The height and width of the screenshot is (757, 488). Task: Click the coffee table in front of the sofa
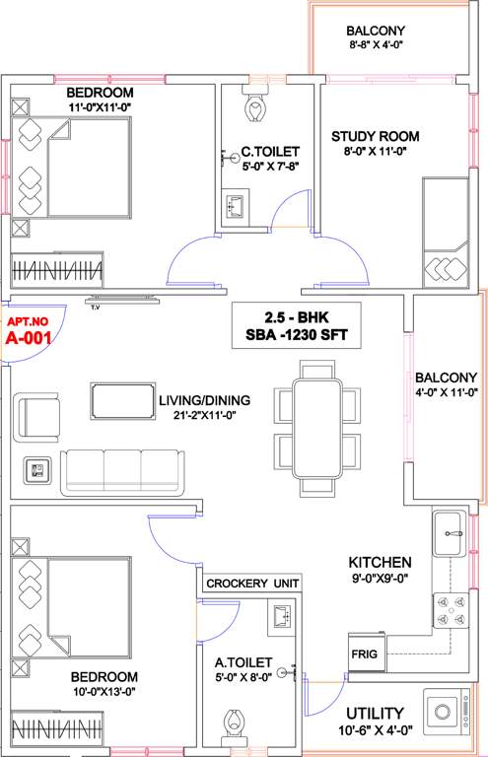122,400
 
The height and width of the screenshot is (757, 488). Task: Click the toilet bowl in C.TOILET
255,105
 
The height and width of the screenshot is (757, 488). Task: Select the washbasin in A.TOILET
279,616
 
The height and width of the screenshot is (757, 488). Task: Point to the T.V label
96,308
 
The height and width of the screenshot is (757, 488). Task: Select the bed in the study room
449,230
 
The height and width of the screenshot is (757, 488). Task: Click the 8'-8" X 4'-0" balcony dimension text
375,44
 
